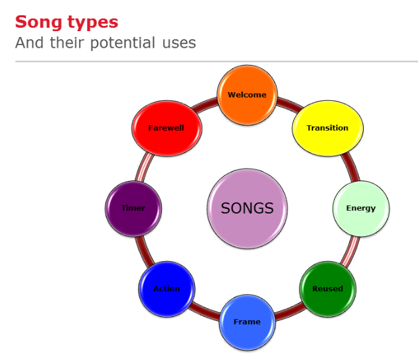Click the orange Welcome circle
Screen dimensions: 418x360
coord(247,95)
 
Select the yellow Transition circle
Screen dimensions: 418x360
coord(321,128)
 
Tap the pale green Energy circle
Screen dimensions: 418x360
coord(360,208)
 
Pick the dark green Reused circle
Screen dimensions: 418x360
coord(328,288)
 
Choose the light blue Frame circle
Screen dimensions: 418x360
coord(247,322)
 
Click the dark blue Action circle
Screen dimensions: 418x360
coord(167,288)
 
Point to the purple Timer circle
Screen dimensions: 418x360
coord(134,208)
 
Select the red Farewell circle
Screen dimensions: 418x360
coord(167,128)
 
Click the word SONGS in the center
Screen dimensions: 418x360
coord(247,208)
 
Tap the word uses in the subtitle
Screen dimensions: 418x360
coord(178,44)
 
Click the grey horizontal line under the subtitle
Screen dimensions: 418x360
coord(216,61)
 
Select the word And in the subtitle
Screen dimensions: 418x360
coord(30,43)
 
